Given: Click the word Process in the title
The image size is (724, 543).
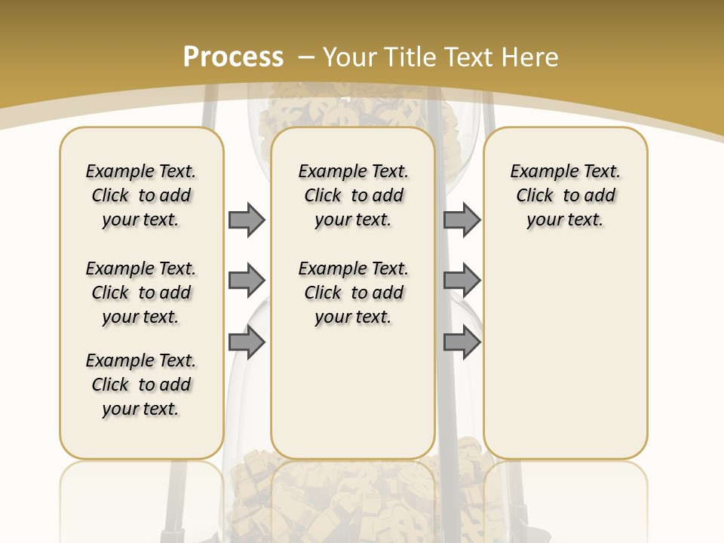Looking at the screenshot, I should tap(233, 57).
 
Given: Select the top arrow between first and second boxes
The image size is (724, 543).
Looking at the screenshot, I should tap(247, 219).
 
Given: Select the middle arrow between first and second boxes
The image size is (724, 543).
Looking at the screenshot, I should tap(247, 281).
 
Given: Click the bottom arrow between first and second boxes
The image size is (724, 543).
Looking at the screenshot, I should tap(247, 342).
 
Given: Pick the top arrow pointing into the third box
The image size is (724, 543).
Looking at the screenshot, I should tap(462, 219).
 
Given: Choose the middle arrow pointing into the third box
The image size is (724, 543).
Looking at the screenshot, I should tap(462, 281).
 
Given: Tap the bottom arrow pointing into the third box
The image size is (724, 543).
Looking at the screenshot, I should tap(462, 342).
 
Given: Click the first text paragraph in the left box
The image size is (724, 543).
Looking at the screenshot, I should tap(141, 195).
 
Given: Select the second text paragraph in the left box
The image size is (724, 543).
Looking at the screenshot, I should tap(141, 293).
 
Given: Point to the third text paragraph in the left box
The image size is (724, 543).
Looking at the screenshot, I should tap(141, 385).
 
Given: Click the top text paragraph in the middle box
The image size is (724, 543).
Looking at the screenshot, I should tap(353, 195).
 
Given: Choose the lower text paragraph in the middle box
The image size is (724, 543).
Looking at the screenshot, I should tap(353, 293).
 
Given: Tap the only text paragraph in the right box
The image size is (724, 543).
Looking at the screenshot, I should tap(565, 195).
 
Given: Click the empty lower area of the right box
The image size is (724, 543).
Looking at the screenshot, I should tap(565, 354).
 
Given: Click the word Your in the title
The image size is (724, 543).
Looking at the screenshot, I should tap(351, 57).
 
